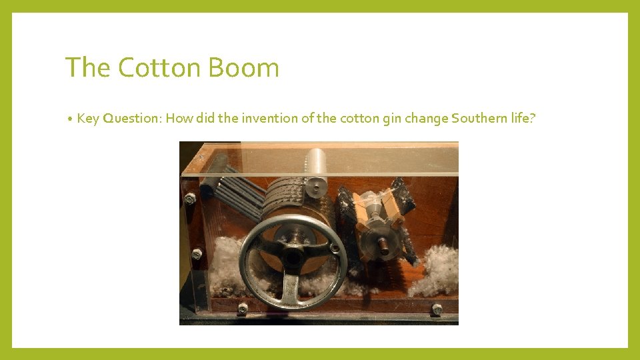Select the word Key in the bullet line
pyautogui.click(x=87, y=119)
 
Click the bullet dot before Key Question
pyautogui.click(x=70, y=119)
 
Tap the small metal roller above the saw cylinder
pyautogui.click(x=317, y=164)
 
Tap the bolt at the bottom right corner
pyautogui.click(x=437, y=309)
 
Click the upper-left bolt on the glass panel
pyautogui.click(x=191, y=198)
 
